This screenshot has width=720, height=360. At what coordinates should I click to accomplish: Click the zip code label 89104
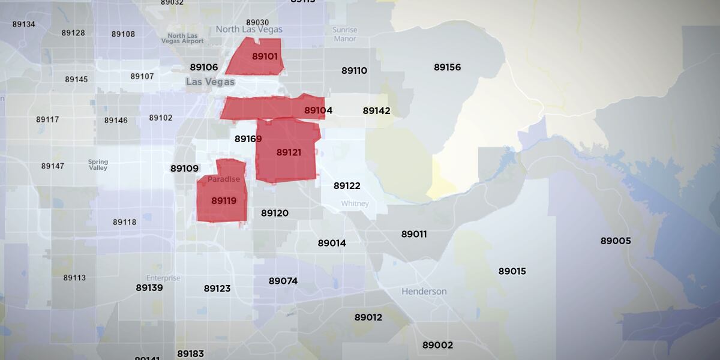pyautogui.click(x=318, y=110)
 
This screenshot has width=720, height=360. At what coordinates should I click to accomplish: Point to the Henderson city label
pyautogui.click(x=424, y=292)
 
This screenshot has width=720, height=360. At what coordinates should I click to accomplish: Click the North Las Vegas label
pyautogui.click(x=248, y=29)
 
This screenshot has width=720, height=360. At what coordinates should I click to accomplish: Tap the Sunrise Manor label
pyautogui.click(x=344, y=34)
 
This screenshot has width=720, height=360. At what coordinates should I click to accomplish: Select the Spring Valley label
pyautogui.click(x=98, y=164)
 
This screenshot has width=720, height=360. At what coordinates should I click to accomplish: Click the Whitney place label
pyautogui.click(x=355, y=204)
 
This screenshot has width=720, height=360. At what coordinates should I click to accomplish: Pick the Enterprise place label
pyautogui.click(x=163, y=278)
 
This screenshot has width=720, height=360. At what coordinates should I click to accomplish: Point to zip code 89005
pyautogui.click(x=616, y=241)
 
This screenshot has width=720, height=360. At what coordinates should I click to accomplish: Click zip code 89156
pyautogui.click(x=448, y=67)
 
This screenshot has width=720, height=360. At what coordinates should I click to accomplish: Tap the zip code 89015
pyautogui.click(x=512, y=271)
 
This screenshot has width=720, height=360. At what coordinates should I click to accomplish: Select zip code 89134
pyautogui.click(x=23, y=24)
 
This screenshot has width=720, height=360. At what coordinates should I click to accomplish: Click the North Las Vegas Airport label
pyautogui.click(x=182, y=38)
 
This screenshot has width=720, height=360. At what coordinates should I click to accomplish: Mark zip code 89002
pyautogui.click(x=437, y=345)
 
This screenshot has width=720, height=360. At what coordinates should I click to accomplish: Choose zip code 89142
pyautogui.click(x=376, y=110)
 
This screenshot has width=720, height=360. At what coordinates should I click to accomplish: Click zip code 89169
pyautogui.click(x=248, y=139)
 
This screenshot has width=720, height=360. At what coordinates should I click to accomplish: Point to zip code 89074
pyautogui.click(x=283, y=281)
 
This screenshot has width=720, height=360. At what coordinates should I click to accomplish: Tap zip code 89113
pyautogui.click(x=74, y=278)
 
